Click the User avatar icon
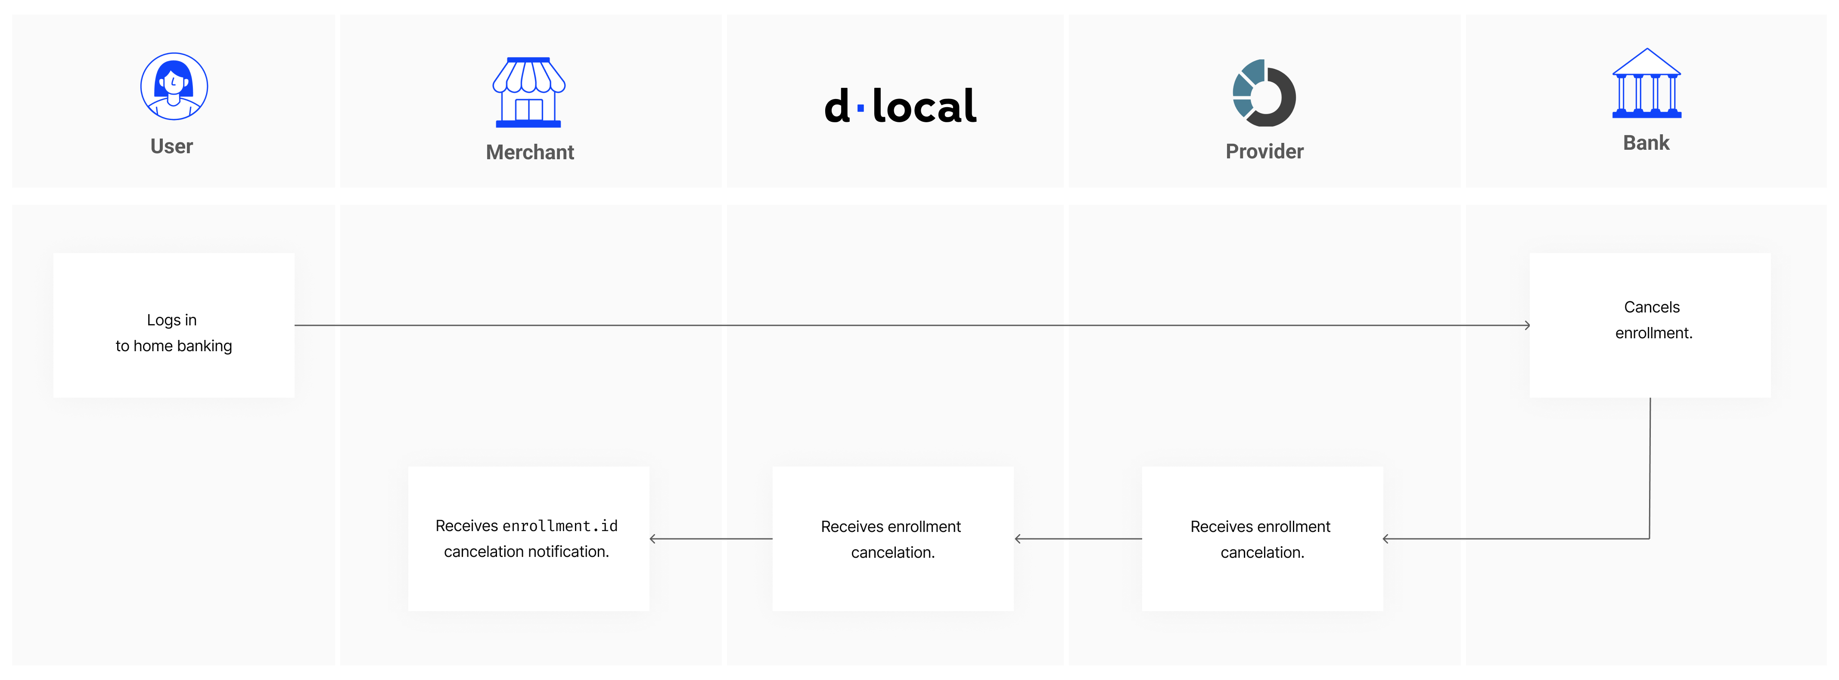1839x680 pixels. (x=174, y=87)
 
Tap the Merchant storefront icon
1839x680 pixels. (x=529, y=92)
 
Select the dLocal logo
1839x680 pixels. (x=900, y=105)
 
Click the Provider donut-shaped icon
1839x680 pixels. (x=1264, y=93)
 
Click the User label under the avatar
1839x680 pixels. (x=171, y=146)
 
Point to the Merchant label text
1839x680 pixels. (x=530, y=152)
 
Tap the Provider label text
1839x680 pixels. (x=1264, y=151)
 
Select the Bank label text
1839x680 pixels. (x=1646, y=143)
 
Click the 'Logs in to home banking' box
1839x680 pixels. (x=174, y=325)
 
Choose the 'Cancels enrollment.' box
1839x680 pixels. (x=1650, y=325)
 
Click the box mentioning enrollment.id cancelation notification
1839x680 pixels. (x=529, y=539)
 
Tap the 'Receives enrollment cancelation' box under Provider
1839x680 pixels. (x=1262, y=539)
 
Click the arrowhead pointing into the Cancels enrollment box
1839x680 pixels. (x=1527, y=325)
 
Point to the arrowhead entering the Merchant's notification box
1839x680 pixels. (x=652, y=539)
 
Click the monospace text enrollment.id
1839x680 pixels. (x=560, y=526)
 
